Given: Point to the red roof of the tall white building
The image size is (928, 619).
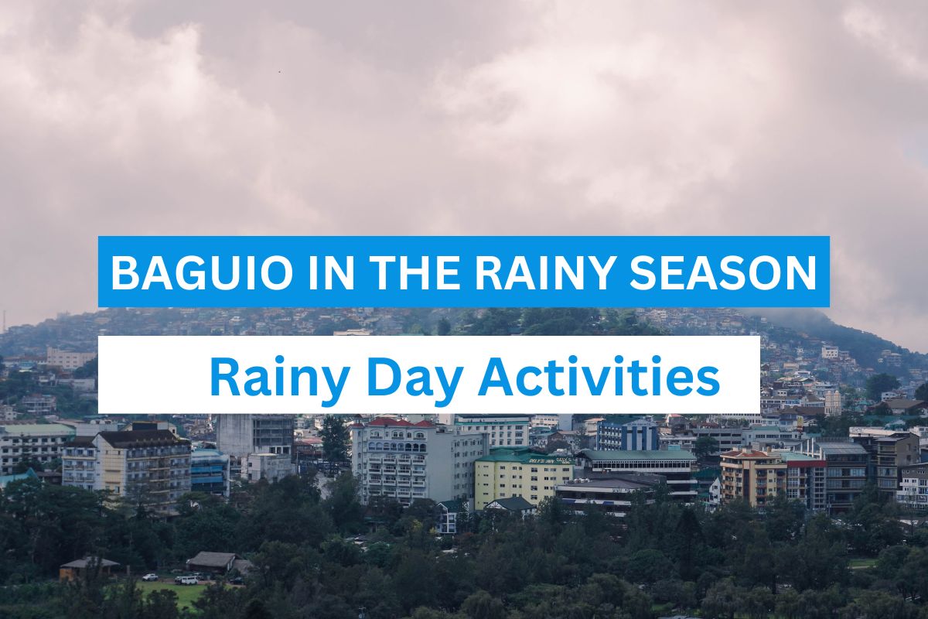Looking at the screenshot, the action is pyautogui.click(x=396, y=422).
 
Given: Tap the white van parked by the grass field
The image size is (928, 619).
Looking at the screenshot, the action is pyautogui.click(x=186, y=580).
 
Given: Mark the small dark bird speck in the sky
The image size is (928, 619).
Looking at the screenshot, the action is pyautogui.click(x=279, y=72).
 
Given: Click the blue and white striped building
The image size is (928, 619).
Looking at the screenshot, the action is pyautogui.click(x=628, y=435).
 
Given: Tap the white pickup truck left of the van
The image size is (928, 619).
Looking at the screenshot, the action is pyautogui.click(x=149, y=577).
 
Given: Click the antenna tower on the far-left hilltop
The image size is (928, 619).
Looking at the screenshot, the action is pyautogui.click(x=4, y=320).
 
